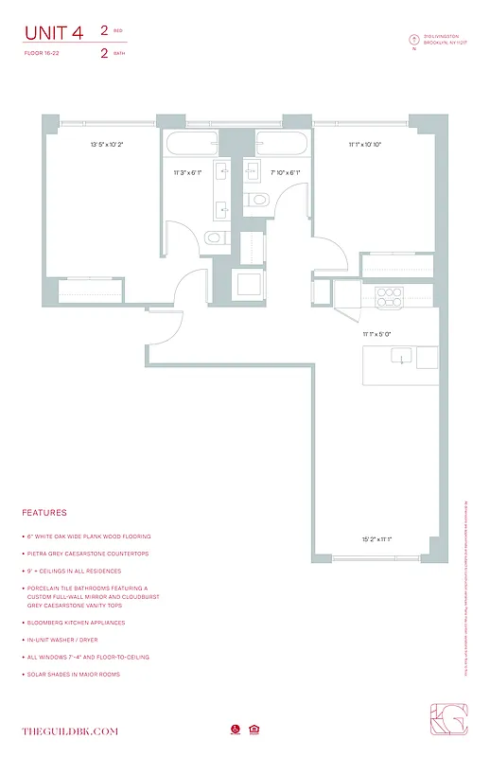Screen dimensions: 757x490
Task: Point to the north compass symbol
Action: pos(412,40)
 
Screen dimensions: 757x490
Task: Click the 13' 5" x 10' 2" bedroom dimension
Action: pos(107,145)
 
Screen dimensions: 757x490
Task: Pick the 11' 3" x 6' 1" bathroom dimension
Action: pos(187,173)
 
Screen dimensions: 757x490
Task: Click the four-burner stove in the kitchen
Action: pos(387,298)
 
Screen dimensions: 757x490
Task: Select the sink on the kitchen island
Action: pos(402,359)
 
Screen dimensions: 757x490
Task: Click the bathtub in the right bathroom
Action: pos(280,146)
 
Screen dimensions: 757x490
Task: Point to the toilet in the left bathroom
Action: pos(215,238)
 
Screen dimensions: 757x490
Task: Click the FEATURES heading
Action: pos(44,513)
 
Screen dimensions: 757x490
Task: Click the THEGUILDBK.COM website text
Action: pos(71,731)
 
